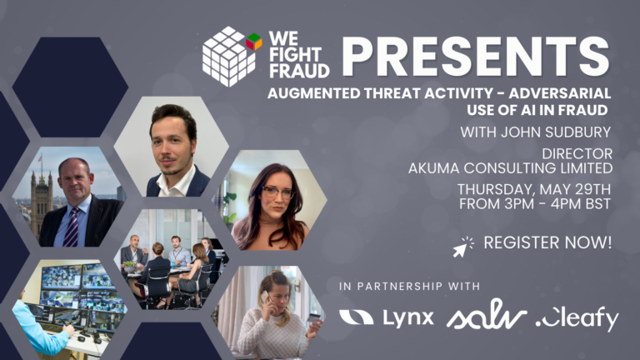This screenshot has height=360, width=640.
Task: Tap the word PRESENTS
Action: pos(476,57)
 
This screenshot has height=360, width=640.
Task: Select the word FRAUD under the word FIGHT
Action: pos(299,71)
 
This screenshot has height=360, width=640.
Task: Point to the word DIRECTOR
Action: pos(577,154)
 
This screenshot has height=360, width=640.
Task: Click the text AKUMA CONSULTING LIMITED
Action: pos(510,167)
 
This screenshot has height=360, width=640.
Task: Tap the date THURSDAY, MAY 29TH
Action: pos(534,189)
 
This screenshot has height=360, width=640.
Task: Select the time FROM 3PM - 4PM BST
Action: pos(535,203)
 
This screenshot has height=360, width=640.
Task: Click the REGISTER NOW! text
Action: pos(547,242)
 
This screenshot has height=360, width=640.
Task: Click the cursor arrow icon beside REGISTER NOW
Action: pos(462,247)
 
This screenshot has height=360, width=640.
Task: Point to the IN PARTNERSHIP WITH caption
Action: pos(409,286)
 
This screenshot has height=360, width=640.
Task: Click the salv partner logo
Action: pos(487,315)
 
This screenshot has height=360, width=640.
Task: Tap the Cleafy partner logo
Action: pos(577,319)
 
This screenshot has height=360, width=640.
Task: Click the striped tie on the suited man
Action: pos(72,227)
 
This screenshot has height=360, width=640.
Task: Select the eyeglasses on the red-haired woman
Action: pos(278,192)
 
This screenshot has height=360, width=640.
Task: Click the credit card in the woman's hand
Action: pos(314,318)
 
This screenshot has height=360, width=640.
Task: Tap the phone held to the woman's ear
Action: pos(264,297)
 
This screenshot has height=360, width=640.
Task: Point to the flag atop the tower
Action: pos(40,157)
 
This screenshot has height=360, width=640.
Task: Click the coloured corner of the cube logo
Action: pos(254,42)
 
